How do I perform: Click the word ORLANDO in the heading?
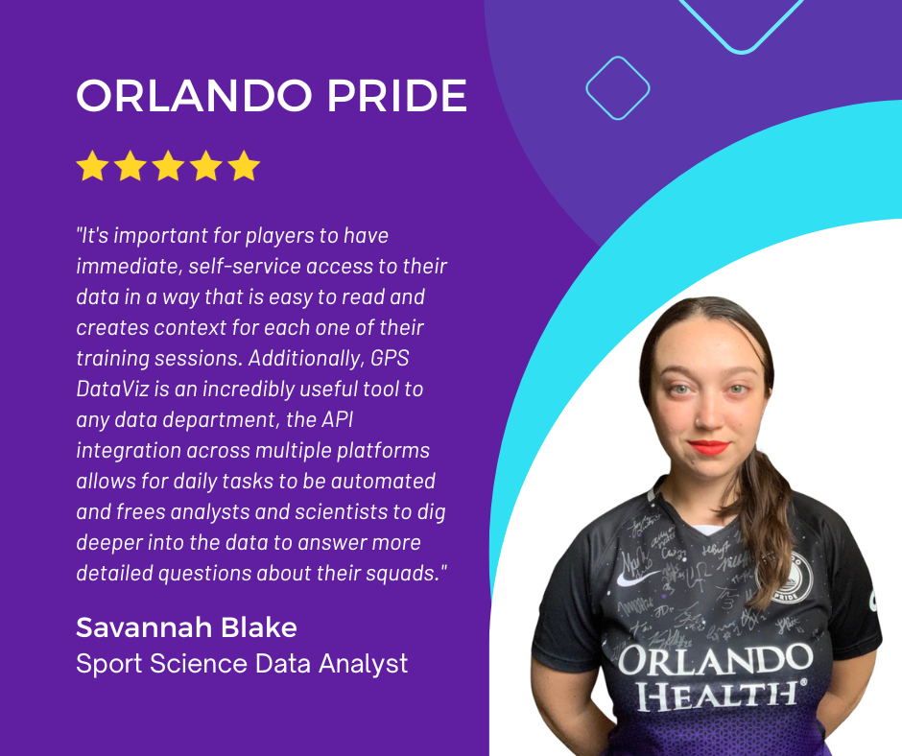194,96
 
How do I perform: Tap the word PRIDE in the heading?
397,96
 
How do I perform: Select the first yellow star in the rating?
93,166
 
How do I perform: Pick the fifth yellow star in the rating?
244,166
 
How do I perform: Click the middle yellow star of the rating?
168,166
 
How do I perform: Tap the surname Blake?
259,627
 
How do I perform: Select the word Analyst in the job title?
364,664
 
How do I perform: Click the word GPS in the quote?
390,359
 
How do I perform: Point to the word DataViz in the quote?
112,390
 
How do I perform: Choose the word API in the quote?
337,420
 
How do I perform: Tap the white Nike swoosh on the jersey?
637,577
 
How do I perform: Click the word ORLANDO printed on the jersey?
715,660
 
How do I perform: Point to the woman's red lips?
709,447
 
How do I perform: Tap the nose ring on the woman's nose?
698,422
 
